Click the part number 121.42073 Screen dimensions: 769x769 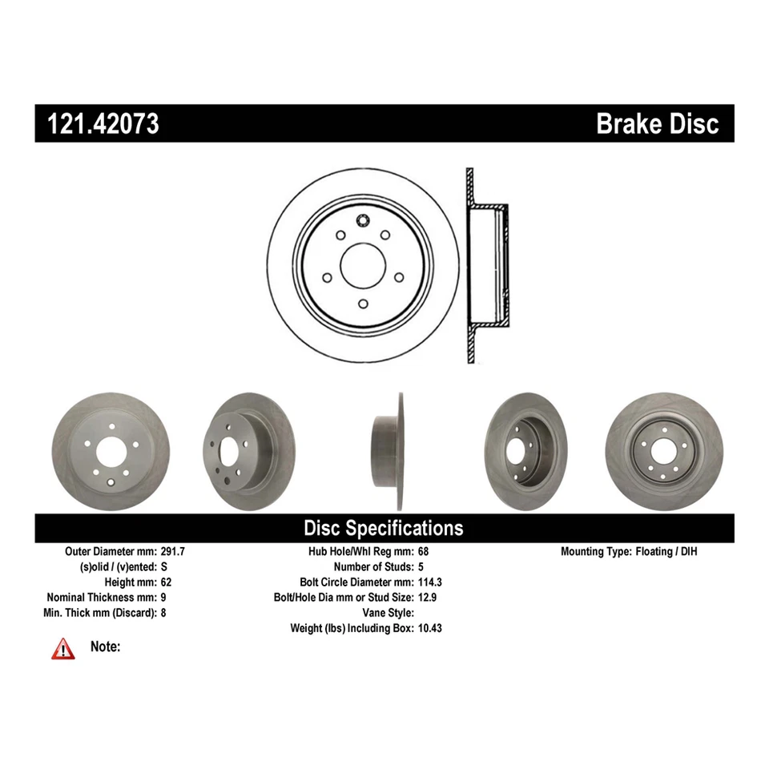tap(104, 124)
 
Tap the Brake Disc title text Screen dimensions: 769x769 tap(657, 124)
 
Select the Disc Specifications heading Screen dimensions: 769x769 tap(383, 528)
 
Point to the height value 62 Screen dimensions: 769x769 tap(167, 582)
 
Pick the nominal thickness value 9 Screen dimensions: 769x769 tap(163, 598)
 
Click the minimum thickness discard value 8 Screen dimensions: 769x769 tap(163, 613)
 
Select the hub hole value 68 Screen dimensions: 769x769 tap(424, 552)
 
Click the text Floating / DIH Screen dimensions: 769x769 tap(672, 552)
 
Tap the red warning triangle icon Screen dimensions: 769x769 tap(62, 649)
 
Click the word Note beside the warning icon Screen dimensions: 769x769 tap(106, 646)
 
